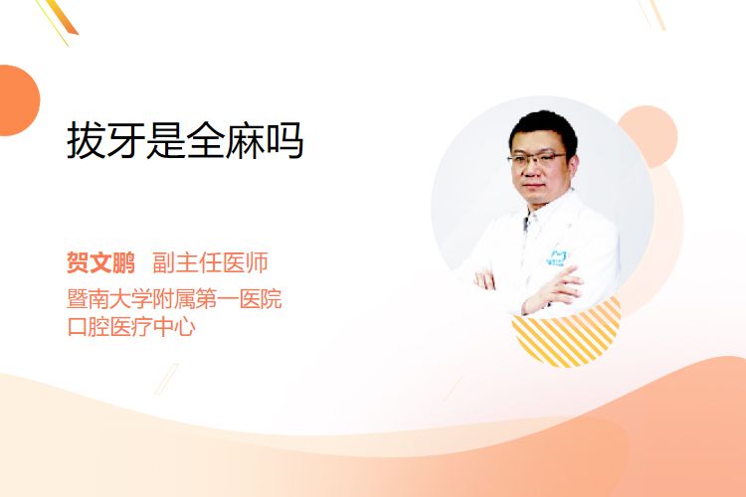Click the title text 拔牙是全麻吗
tap(185, 141)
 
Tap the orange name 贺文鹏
tap(100, 262)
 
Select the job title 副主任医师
tap(210, 262)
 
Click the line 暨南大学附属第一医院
tap(175, 298)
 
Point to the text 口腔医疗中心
tap(131, 327)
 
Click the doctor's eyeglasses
tap(537, 158)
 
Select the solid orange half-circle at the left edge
tap(19, 100)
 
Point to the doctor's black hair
tap(543, 126)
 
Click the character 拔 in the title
tap(86, 141)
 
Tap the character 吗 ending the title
tap(284, 141)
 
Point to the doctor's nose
tap(529, 171)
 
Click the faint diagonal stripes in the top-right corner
tap(652, 14)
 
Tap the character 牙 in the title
tap(125, 141)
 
